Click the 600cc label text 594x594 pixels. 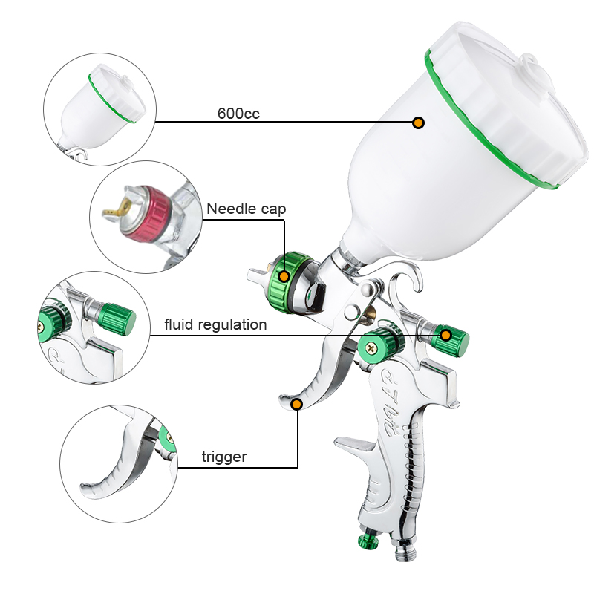(238, 114)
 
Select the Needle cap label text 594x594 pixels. (246, 209)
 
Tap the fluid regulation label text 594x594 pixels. (215, 324)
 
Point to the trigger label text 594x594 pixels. (224, 457)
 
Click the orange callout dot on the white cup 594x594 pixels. (418, 123)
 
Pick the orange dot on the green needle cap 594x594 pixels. (284, 276)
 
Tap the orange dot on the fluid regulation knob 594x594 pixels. (446, 336)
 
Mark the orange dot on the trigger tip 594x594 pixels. (297, 404)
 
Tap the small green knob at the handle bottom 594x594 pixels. (368, 541)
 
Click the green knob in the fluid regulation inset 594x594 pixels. (117, 319)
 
